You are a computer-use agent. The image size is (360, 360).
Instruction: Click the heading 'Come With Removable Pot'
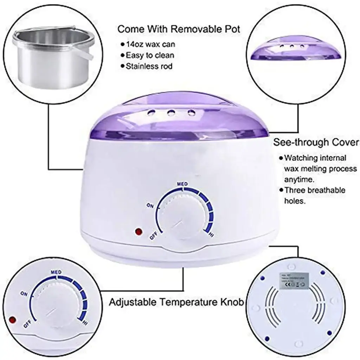(179, 29)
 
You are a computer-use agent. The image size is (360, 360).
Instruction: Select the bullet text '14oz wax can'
(149, 44)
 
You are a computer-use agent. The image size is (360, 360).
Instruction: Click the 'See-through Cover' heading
(316, 142)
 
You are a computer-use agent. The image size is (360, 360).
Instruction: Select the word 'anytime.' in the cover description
(299, 180)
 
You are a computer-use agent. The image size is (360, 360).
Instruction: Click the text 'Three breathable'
(315, 191)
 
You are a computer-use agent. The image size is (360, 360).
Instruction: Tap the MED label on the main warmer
(182, 184)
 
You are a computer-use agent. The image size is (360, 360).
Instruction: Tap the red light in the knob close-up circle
(14, 320)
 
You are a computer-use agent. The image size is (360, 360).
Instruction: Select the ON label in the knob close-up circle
(24, 293)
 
